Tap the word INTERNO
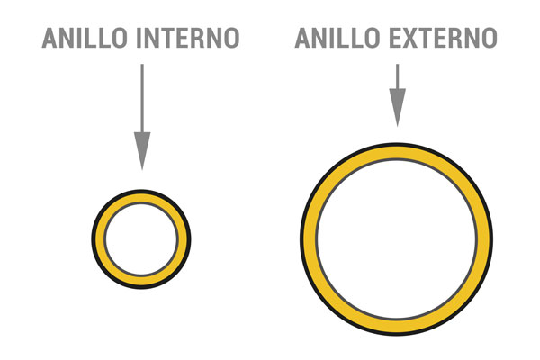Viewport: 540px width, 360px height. coord(188,38)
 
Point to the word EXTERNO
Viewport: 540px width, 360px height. coord(444,38)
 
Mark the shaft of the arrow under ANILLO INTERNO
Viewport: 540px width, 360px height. coord(142,98)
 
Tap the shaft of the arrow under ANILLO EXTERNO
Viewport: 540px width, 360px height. coord(398,76)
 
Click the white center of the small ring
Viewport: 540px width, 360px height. coord(141,239)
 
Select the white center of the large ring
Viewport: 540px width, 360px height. coord(396,239)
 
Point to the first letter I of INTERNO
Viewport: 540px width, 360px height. coord(139,38)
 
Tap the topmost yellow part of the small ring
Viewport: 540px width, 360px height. coord(141,198)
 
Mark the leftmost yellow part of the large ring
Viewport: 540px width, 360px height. coord(310,239)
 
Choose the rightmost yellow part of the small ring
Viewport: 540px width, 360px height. coord(182,239)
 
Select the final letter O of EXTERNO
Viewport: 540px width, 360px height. coord(490,38)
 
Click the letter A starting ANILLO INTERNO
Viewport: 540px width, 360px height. coord(49,38)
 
